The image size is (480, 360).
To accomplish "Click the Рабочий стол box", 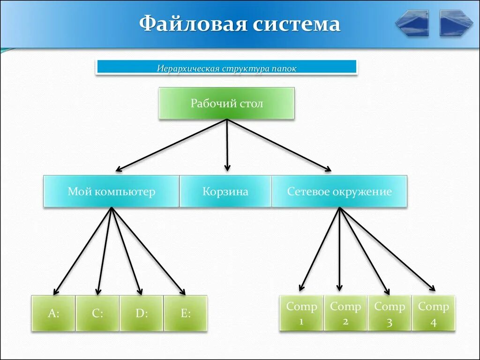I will click(x=226, y=103).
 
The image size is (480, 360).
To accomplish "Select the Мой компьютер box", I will click(x=111, y=191).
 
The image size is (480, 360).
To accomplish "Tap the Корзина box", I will click(x=225, y=191).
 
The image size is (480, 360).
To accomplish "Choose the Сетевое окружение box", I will click(x=339, y=191).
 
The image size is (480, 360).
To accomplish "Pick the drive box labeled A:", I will click(x=53, y=314).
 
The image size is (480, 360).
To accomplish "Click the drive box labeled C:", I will click(x=97, y=314).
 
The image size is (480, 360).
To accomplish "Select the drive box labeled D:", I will click(x=142, y=314).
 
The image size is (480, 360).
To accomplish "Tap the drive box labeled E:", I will click(x=186, y=314).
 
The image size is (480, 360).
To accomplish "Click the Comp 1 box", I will click(x=301, y=313).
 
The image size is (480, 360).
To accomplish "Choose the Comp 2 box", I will click(x=345, y=313).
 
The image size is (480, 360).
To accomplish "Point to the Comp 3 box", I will click(x=390, y=313).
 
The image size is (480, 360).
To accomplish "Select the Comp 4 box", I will click(x=434, y=313).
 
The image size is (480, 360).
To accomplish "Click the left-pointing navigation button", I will click(x=412, y=23).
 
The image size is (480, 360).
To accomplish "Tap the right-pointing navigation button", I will click(x=456, y=23).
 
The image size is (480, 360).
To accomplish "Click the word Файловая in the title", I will click(x=191, y=23).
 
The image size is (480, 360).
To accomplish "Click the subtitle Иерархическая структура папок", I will click(x=226, y=68).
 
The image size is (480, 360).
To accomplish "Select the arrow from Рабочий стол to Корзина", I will click(x=227, y=145).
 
